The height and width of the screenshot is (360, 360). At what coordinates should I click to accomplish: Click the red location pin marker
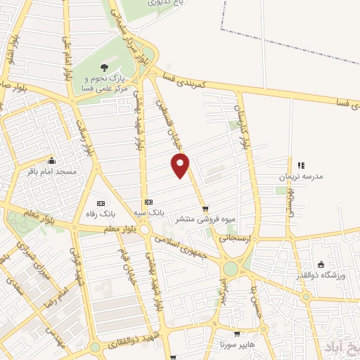(x=181, y=165)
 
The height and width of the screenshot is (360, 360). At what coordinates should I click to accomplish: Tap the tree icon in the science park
(x=104, y=67)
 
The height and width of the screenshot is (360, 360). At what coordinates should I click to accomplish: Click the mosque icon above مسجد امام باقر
(x=51, y=160)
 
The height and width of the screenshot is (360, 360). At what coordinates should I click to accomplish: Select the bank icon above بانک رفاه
(x=99, y=201)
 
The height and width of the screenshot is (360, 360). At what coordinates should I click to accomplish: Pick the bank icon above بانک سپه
(x=148, y=201)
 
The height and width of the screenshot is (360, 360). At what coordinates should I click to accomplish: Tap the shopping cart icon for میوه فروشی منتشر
(x=205, y=209)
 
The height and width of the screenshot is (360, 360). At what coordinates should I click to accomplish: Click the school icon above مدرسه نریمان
(x=300, y=166)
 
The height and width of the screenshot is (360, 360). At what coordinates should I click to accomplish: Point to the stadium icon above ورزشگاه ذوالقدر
(x=321, y=264)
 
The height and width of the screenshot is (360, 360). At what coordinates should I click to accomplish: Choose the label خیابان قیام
(x=124, y=264)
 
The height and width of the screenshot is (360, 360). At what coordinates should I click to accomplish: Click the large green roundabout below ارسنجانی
(x=231, y=269)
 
